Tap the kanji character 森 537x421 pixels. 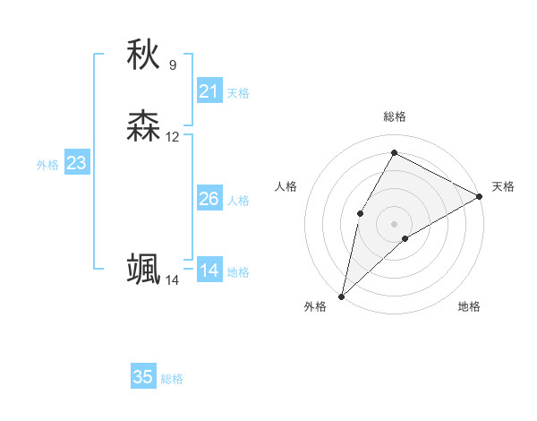tap(143, 126)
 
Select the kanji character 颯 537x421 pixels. tap(143, 270)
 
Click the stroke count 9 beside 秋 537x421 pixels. tap(173, 64)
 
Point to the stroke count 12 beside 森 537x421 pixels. tap(173, 137)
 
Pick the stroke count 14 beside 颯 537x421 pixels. tap(173, 280)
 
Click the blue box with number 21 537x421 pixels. tap(209, 90)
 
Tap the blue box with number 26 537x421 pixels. tap(209, 198)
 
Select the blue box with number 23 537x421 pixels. tap(76, 163)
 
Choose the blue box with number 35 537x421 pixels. tap(143, 377)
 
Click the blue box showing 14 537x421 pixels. tap(209, 270)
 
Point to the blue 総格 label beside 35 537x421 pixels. tap(172, 379)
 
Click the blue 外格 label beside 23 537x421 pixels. tap(47, 165)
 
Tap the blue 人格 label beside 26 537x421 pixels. tap(239, 201)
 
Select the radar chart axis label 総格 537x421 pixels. tap(394, 116)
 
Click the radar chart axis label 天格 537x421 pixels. tap(503, 186)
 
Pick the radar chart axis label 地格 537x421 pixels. tap(469, 306)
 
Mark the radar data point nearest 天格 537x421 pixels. tap(481, 196)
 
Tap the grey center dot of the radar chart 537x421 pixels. tap(394, 223)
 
